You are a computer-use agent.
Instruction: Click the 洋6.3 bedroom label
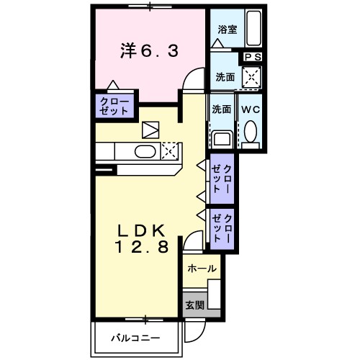(149, 50)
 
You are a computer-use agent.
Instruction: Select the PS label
(253, 57)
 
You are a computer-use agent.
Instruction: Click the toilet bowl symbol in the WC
(251, 131)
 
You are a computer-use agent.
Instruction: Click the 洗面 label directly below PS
(223, 76)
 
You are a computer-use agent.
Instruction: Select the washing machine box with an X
(251, 76)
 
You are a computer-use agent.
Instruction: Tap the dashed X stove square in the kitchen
(171, 150)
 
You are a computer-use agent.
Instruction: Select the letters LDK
(143, 231)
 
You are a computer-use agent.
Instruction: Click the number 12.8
(144, 248)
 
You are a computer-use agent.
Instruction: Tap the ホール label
(201, 268)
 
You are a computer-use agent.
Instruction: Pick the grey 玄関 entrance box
(194, 305)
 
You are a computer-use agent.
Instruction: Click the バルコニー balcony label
(135, 338)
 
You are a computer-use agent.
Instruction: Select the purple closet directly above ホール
(221, 227)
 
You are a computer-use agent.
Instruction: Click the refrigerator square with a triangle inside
(150, 130)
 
